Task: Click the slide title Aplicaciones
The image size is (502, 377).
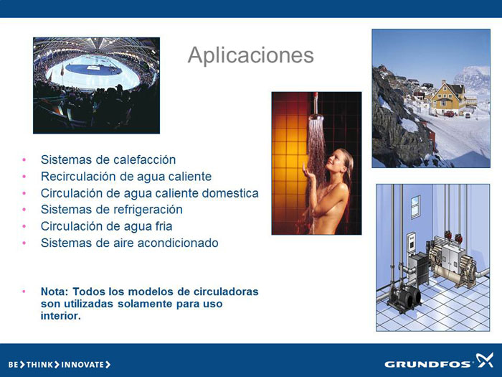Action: (251, 56)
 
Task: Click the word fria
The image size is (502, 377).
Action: (164, 226)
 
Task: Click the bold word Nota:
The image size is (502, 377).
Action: (55, 292)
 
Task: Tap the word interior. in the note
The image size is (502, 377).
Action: (60, 316)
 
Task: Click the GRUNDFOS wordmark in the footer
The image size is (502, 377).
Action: (427, 364)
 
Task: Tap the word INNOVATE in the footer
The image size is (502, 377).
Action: (82, 365)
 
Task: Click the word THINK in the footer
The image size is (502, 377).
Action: (39, 365)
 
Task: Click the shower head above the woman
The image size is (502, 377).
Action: (316, 116)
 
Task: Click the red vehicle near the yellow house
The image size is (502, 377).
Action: (449, 113)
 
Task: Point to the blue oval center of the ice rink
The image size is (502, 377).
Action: (93, 69)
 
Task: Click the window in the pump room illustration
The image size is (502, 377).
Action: (415, 207)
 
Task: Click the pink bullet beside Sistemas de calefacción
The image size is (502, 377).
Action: (24, 159)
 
